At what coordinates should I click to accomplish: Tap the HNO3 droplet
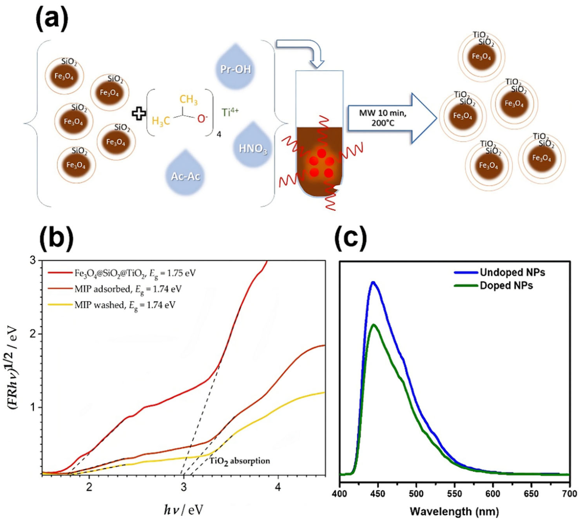pos(253,148)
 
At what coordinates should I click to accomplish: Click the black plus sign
pos(139,114)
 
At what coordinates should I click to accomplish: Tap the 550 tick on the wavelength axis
pos(455,494)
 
